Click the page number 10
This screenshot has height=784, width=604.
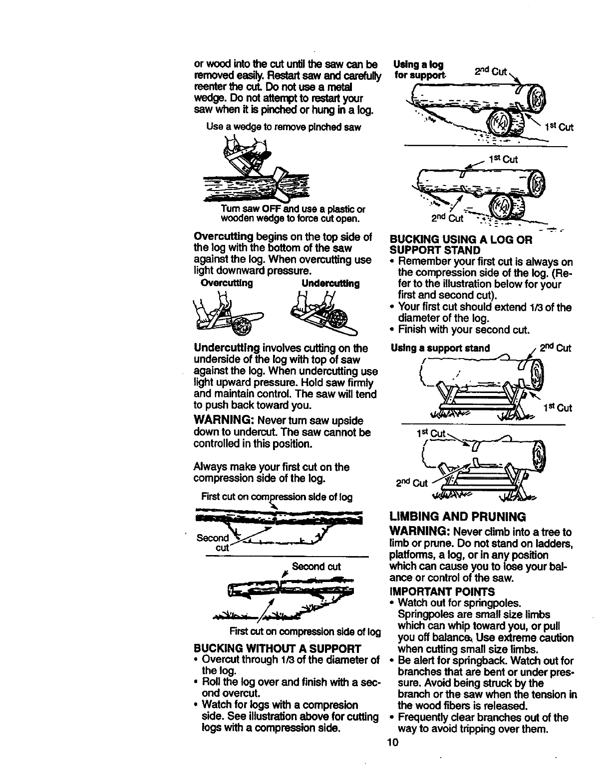[x=393, y=743]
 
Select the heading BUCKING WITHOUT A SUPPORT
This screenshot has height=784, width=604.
[x=277, y=649]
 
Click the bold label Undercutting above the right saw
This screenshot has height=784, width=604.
[x=330, y=283]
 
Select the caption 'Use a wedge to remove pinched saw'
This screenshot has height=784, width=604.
[x=283, y=127]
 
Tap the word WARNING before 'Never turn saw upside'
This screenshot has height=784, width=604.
[x=223, y=421]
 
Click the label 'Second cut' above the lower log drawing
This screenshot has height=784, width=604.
[x=316, y=567]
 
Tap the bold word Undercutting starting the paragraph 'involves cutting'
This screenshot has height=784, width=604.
[x=226, y=348]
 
